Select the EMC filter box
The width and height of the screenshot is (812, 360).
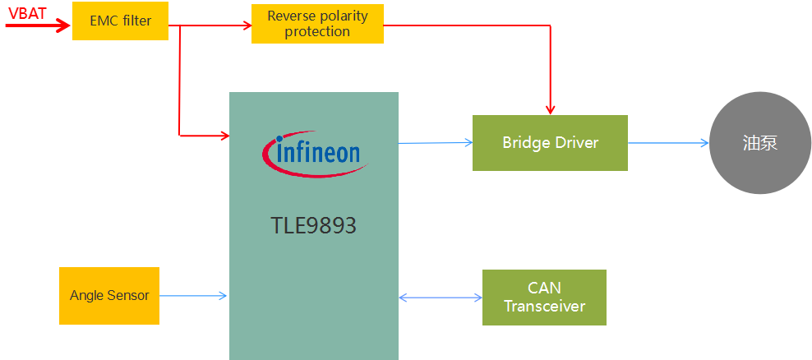[x=120, y=21]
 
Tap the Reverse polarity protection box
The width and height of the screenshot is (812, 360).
[x=317, y=24]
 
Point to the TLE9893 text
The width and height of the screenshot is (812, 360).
[x=313, y=226]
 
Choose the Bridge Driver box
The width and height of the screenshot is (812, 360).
[x=550, y=143]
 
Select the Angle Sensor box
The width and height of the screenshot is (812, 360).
[x=109, y=295]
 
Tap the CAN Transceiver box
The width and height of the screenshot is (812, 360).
[x=544, y=298]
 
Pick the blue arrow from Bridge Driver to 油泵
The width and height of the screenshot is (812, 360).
[x=667, y=143]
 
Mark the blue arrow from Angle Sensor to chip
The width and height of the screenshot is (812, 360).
[x=193, y=296]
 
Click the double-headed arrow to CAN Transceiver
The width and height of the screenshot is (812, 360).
[x=440, y=298]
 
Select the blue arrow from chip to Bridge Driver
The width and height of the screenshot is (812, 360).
[x=436, y=143]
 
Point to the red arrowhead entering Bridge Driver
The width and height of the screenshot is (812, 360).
[x=551, y=109]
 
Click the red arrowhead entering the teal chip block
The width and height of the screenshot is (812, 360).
[x=224, y=133]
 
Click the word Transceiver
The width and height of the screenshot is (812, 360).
[x=544, y=307]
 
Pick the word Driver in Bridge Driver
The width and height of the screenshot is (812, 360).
[x=577, y=143]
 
